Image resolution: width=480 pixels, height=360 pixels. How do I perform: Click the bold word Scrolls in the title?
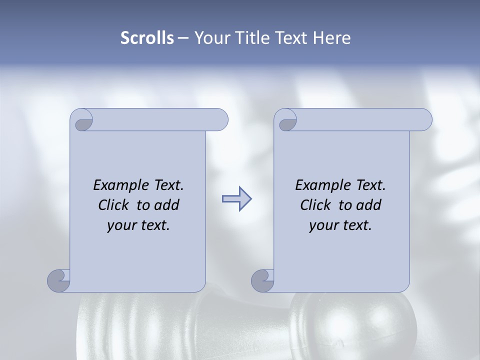coord(147,38)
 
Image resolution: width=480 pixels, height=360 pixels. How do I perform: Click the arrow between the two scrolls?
coord(236,198)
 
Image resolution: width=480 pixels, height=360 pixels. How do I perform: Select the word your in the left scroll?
coord(119,225)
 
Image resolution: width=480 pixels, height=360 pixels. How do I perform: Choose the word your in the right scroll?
coord(321,225)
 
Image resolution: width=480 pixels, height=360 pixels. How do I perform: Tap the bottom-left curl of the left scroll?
coord(58,280)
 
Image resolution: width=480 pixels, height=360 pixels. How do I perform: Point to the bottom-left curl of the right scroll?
coord(262,280)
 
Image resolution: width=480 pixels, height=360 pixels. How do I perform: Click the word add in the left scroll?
coord(167,205)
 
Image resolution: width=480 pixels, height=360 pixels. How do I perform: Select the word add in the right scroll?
coord(369,205)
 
